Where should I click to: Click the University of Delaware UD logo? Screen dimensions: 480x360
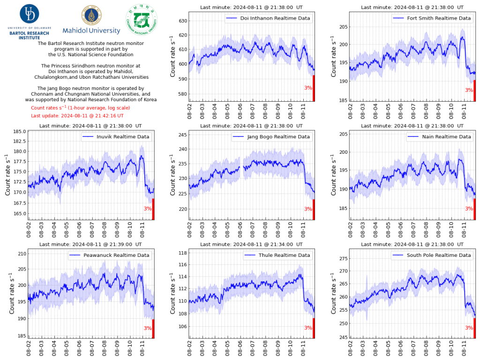click(30, 14)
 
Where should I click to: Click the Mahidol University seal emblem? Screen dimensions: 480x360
click(91, 15)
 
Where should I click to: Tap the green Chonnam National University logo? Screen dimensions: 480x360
click(142, 20)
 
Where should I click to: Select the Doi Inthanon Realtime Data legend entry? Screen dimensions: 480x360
click(268, 18)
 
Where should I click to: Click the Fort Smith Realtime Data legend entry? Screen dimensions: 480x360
click(432, 18)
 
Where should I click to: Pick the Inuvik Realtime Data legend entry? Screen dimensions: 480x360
click(116, 137)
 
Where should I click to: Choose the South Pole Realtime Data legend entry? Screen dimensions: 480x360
click(432, 255)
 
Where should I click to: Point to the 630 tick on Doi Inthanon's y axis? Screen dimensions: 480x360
click(183, 21)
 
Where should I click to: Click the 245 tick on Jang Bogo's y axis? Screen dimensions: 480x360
click(183, 135)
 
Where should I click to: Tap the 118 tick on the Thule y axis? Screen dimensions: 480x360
click(183, 253)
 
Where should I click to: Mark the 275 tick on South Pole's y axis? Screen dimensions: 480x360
click(344, 258)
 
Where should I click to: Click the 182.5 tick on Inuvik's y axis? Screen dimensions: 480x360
click(20, 141)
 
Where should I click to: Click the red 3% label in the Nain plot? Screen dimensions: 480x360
click(469, 209)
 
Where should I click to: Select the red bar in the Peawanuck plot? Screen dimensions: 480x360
click(153, 329)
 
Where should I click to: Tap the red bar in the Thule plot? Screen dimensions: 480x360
click(314, 328)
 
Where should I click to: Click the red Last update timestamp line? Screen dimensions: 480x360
click(77, 116)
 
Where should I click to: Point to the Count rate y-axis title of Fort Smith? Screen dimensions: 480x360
click(333, 56)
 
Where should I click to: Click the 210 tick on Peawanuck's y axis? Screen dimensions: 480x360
click(22, 254)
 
